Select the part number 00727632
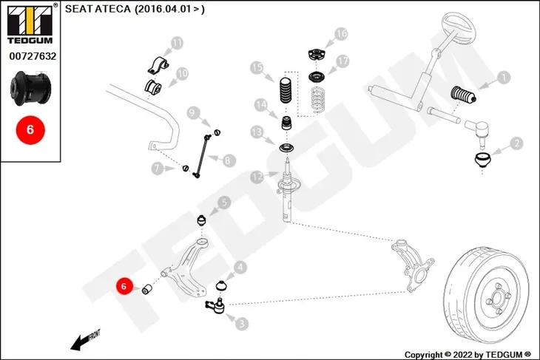[33, 56]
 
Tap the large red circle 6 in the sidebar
[30, 130]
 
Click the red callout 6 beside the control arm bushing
[124, 286]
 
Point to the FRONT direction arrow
[85, 340]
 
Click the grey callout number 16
[341, 34]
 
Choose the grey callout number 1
[504, 78]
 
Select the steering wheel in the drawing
[457, 27]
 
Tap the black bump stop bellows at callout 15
[285, 90]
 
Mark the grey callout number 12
[257, 177]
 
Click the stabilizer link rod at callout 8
[202, 156]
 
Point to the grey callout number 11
[177, 44]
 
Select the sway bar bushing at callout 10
[152, 86]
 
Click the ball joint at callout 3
[216, 305]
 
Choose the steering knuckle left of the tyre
[412, 265]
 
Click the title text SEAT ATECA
[98, 9]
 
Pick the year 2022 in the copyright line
[462, 355]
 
